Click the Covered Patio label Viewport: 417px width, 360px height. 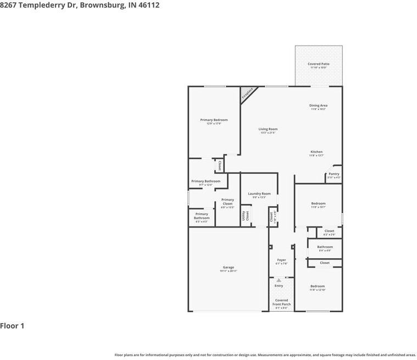[x=318, y=64]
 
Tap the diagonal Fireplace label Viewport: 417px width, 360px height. [x=247, y=94]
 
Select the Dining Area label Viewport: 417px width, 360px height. [x=318, y=106]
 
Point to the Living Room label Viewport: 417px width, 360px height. [x=268, y=129]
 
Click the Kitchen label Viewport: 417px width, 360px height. [x=316, y=152]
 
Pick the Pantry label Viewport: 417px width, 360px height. [x=333, y=174]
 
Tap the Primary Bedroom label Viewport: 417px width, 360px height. [x=214, y=120]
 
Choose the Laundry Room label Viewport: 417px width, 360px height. [x=259, y=193]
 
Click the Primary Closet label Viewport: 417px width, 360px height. [x=227, y=202]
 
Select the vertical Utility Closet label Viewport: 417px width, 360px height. [x=246, y=215]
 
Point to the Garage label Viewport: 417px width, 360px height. [x=228, y=268]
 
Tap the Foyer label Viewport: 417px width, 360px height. [x=281, y=260]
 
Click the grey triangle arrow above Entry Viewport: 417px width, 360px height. [x=279, y=280]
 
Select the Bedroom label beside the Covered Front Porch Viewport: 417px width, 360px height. [x=317, y=286]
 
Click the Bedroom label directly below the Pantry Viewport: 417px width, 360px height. [x=318, y=204]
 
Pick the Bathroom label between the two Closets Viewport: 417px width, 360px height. [x=325, y=247]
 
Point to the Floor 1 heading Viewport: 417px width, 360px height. [x=13, y=326]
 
